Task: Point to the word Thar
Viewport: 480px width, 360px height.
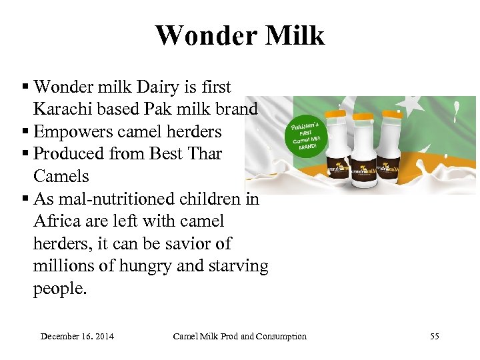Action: pyautogui.click(x=204, y=154)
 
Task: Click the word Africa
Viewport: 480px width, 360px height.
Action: pyautogui.click(x=56, y=221)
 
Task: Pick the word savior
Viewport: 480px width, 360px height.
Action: pyautogui.click(x=187, y=243)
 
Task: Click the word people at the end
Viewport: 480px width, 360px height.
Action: pyautogui.click(x=60, y=289)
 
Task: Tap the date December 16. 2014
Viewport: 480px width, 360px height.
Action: pyautogui.click(x=77, y=336)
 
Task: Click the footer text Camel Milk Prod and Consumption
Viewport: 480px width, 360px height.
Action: pyautogui.click(x=239, y=336)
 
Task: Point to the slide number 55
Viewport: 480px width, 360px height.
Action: pyautogui.click(x=435, y=336)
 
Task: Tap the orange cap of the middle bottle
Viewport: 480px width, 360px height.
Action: pyautogui.click(x=364, y=117)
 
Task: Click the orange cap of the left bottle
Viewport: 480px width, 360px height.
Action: pyautogui.click(x=335, y=114)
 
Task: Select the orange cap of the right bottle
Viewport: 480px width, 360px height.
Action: pyautogui.click(x=392, y=114)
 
